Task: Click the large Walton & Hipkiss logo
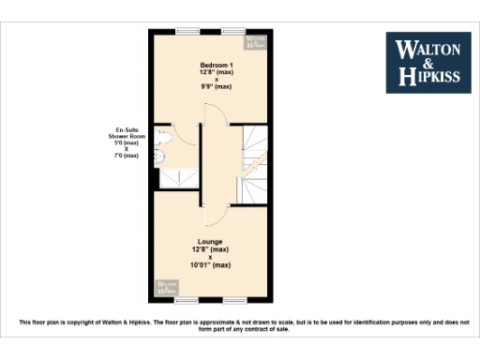(429, 62)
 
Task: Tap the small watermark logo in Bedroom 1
(256, 42)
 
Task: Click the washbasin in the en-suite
(158, 156)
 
